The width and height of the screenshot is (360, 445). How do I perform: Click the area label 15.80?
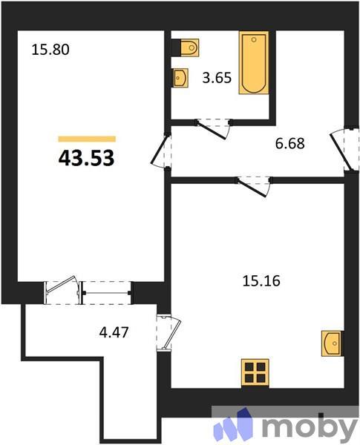(x=50, y=51)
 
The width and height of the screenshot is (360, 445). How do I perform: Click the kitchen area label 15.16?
(x=259, y=280)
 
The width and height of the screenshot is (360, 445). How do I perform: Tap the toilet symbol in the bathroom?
(x=187, y=47)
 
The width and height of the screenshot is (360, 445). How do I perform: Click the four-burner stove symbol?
(x=255, y=372)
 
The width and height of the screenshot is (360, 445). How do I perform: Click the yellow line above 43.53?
(x=87, y=139)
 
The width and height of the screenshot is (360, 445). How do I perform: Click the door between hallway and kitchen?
(x=253, y=186)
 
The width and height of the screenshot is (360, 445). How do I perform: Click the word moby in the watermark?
(x=310, y=426)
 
